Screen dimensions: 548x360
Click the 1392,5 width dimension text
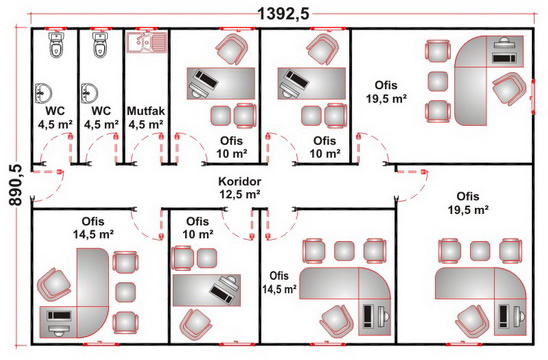[283, 14]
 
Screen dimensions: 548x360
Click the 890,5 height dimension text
[16, 185]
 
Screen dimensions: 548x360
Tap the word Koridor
[240, 181]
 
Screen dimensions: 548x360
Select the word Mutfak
[146, 111]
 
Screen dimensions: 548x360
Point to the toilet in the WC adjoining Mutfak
[100, 44]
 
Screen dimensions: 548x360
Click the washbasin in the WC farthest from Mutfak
[43, 93]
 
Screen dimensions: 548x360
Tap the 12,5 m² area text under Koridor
[240, 194]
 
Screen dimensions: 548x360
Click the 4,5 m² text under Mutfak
[146, 124]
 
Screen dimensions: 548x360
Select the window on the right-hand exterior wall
[533, 97]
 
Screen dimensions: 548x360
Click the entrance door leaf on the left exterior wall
[47, 172]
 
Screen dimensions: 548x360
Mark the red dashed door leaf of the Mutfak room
[161, 148]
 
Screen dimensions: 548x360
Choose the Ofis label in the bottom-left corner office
[93, 221]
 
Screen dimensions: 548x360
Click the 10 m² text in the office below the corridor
[198, 234]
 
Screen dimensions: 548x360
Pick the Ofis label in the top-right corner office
[386, 85]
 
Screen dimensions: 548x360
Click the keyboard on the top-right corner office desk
[504, 58]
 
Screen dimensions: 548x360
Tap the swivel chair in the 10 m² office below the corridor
[196, 324]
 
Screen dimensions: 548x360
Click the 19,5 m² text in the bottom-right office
[468, 210]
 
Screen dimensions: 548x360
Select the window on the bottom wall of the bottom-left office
[101, 344]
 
